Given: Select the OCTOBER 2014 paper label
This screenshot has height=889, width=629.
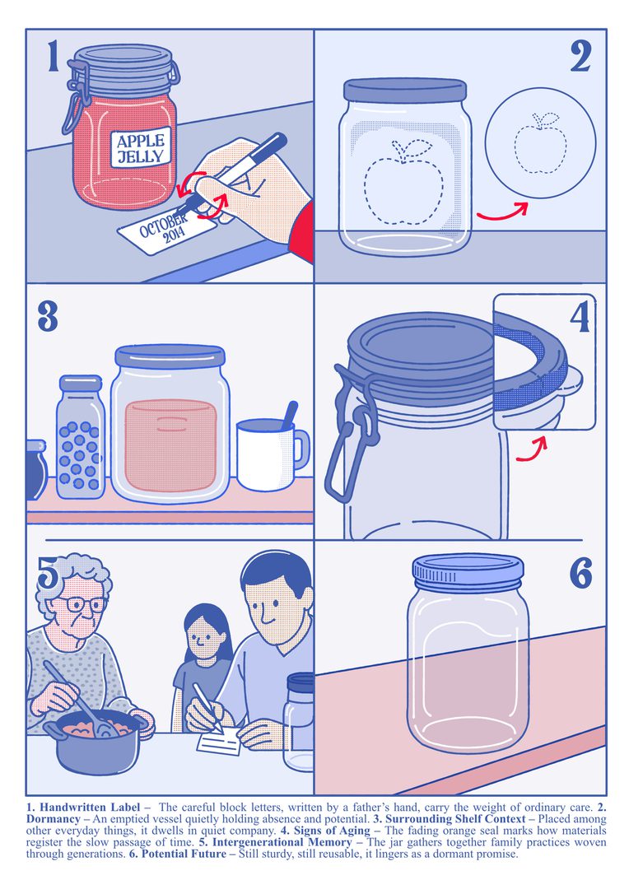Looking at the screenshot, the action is [166, 231].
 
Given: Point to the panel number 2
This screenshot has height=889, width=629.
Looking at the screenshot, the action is [580, 58].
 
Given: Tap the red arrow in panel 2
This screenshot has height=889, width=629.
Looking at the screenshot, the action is [502, 212].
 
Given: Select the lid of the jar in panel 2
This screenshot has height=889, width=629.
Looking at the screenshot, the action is [405, 90].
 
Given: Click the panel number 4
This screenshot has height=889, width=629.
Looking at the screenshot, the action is [580, 318].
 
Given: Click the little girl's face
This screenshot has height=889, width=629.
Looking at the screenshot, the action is [203, 636].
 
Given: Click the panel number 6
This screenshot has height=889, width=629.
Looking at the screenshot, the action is [580, 573].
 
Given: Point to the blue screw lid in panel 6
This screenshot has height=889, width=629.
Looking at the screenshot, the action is [468, 571].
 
